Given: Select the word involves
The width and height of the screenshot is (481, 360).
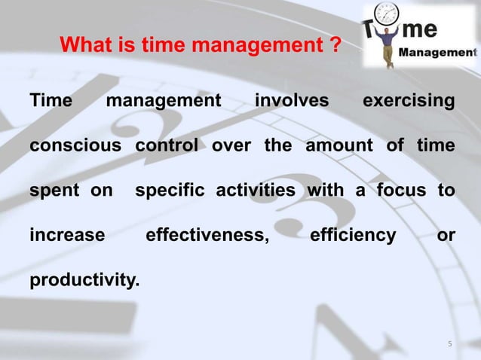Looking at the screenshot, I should click(292, 101).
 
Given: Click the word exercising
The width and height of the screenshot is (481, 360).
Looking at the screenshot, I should click(409, 101).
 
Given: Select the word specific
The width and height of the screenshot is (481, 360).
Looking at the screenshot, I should click(172, 191).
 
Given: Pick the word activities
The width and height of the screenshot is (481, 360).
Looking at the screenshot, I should click(256, 191).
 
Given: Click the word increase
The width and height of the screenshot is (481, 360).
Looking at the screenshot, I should click(67, 236).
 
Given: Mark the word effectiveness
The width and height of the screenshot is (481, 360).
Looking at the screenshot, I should click(207, 236).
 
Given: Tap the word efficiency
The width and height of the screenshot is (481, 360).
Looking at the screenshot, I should click(353, 236).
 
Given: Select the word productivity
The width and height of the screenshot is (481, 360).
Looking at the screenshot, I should click(84, 281).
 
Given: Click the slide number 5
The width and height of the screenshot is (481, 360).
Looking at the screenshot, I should click(450, 345).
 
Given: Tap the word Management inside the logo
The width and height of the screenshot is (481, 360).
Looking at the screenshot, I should click(437, 53).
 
